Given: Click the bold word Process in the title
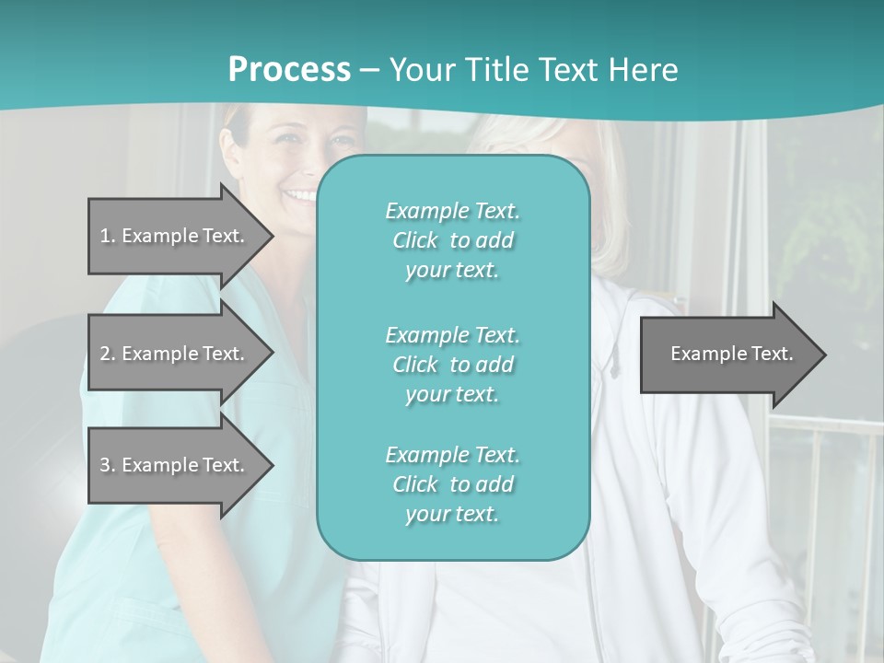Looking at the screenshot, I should click(x=289, y=69).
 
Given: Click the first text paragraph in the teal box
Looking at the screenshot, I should click(x=452, y=240).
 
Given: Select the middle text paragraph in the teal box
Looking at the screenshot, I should click(x=452, y=365).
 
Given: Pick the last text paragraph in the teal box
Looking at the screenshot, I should click(x=452, y=484).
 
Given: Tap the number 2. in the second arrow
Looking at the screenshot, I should click(x=108, y=354).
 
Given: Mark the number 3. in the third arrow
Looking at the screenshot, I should click(x=108, y=465).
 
